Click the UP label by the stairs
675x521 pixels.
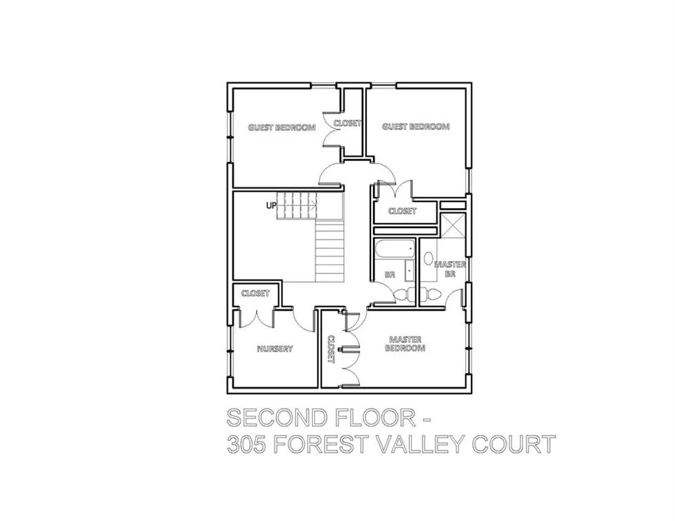tap(271, 206)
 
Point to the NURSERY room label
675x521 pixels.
tap(275, 349)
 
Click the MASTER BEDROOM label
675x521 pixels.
tap(405, 343)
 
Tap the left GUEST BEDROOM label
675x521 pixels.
tap(282, 128)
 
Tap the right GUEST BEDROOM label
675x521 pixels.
tap(416, 127)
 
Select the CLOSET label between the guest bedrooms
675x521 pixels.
tap(347, 123)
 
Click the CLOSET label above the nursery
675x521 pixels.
tap(256, 293)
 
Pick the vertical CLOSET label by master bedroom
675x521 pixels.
tap(331, 349)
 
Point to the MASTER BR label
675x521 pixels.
tap(450, 269)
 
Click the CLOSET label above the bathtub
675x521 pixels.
tap(402, 211)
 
